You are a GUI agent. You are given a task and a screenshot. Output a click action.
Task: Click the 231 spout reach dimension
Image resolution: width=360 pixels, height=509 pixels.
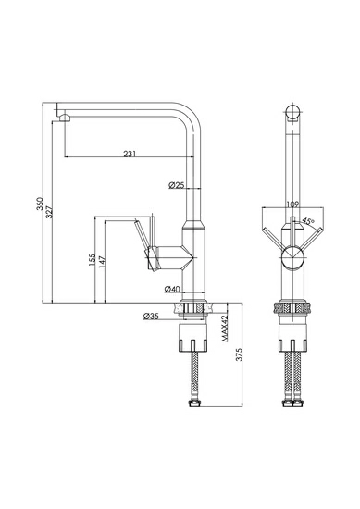pos(130,154)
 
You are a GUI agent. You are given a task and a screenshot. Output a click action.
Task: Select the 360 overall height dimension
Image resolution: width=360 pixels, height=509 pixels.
pos(40,204)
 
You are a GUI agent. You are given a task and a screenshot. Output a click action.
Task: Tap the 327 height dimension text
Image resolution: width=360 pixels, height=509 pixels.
pos(49,211)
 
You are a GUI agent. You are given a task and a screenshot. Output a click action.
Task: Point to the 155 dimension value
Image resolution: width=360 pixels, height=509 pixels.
pos(92,260)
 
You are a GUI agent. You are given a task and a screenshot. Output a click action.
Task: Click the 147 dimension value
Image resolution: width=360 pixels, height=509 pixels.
pos(102,262)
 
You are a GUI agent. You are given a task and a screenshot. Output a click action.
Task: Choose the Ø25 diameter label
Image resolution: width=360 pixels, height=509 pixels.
pos(176,185)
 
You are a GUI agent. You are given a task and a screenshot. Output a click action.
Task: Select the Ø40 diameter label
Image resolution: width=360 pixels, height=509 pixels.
pos(172,289)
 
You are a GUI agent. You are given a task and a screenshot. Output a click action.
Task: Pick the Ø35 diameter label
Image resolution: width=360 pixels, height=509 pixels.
pos(151,316)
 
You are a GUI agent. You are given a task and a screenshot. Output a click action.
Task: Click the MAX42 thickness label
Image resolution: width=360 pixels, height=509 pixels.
pos(225,329)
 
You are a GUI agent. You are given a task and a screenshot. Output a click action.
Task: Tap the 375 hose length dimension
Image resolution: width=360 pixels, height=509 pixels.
pos(240,354)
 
